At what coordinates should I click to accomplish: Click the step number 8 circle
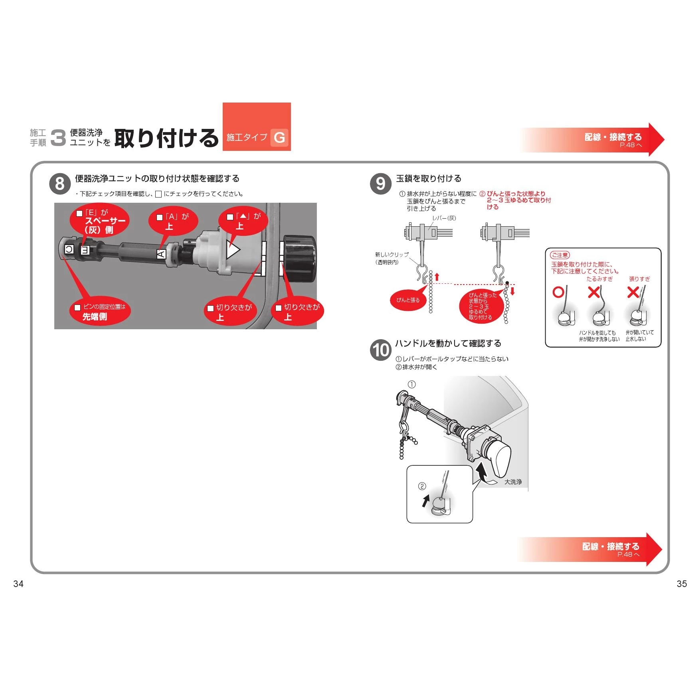(x=60, y=184)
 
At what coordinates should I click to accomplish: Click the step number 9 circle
(x=381, y=184)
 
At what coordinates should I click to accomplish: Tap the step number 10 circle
(x=381, y=350)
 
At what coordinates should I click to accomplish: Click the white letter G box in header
(x=279, y=138)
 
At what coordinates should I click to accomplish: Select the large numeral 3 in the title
(x=58, y=138)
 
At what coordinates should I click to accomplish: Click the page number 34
(x=18, y=584)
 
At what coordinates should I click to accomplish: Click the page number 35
(x=682, y=584)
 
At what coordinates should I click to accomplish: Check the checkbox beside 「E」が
(x=79, y=214)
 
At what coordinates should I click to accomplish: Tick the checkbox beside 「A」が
(x=160, y=218)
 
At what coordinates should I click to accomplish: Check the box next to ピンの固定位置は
(x=77, y=308)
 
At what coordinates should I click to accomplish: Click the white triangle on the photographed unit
(x=233, y=250)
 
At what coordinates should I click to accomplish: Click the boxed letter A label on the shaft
(x=161, y=254)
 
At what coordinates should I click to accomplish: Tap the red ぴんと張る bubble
(x=408, y=300)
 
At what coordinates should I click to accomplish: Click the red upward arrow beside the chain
(x=437, y=277)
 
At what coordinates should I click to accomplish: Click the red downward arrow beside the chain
(x=513, y=291)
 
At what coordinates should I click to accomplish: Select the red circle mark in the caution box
(x=558, y=292)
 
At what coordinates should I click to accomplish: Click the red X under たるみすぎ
(x=594, y=292)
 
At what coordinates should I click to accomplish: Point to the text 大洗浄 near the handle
(x=513, y=482)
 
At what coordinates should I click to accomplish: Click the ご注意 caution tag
(x=560, y=255)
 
